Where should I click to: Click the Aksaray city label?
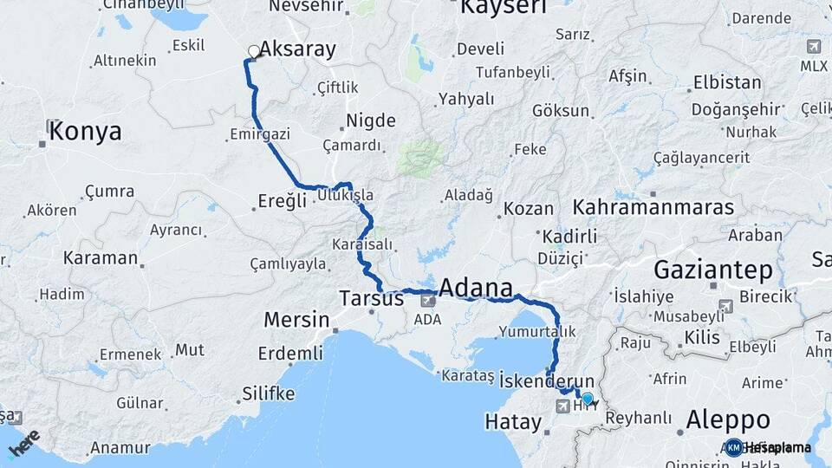[x=297, y=49]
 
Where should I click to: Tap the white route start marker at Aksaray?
[x=254, y=52]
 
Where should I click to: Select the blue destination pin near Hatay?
[x=588, y=399]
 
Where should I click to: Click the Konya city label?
[x=85, y=132]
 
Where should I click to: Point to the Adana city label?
[x=476, y=287]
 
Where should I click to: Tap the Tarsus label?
[x=370, y=299]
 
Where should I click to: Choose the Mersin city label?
[x=296, y=320]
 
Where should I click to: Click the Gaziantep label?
[x=713, y=270]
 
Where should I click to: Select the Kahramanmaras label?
[x=653, y=208]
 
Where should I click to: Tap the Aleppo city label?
[x=728, y=419]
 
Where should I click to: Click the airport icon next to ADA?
[x=427, y=300]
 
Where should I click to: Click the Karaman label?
[x=101, y=257]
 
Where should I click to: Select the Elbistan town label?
[x=727, y=84]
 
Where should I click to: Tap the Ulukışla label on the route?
[x=345, y=196]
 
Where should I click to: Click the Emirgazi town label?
[x=260, y=134]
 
